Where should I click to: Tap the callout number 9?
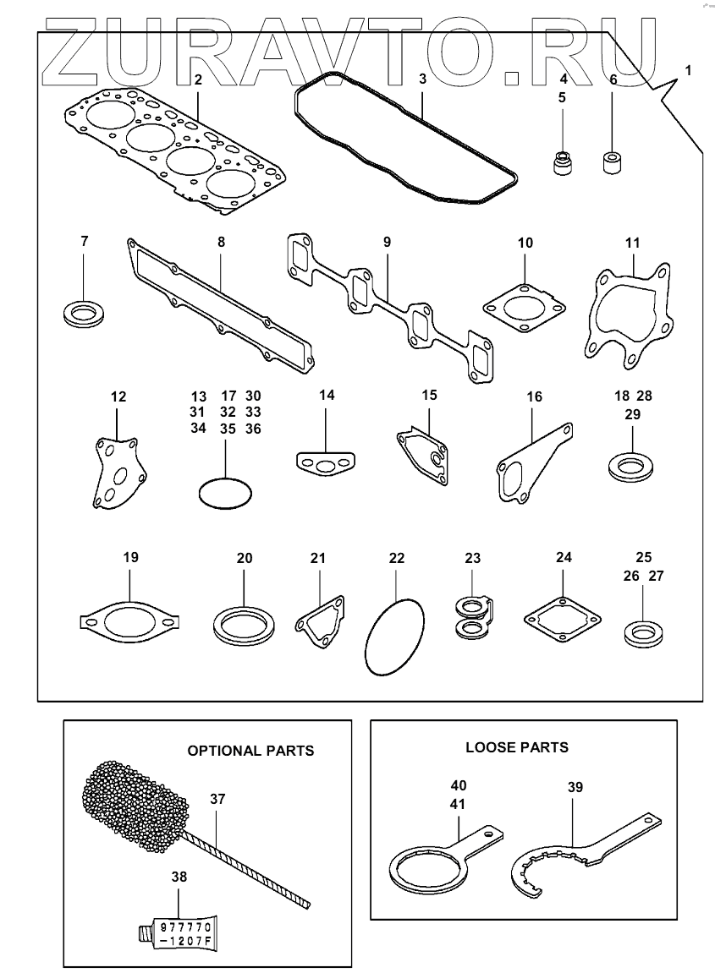coord(387,243)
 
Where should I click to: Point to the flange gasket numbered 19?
coord(129,623)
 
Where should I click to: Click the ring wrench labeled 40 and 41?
coord(427,871)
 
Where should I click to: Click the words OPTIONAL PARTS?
coord(250,750)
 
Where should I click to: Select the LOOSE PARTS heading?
coord(517,747)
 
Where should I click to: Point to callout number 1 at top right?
coord(688,72)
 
